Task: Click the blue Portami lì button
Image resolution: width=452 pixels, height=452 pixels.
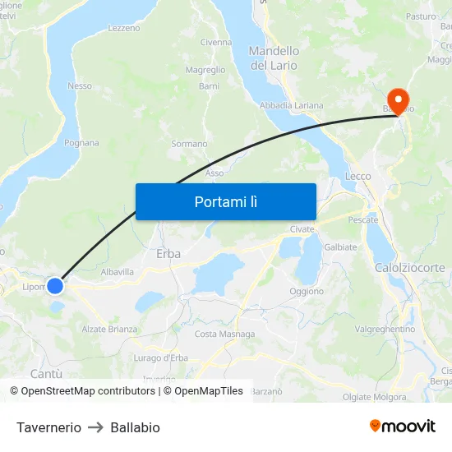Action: [225, 201]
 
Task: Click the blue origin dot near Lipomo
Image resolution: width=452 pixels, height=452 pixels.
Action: [55, 285]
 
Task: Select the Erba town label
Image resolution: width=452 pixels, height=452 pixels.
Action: [168, 254]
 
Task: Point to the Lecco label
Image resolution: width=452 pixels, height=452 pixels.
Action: [358, 176]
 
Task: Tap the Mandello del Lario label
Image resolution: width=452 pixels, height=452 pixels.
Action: [274, 58]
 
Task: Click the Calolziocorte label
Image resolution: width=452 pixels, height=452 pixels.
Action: [409, 268]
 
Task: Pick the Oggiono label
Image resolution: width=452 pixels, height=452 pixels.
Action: [307, 291]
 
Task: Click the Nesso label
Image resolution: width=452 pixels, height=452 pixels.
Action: [80, 85]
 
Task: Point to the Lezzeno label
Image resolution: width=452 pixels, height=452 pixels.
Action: [123, 28]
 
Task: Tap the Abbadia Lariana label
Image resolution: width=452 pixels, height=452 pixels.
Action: [291, 105]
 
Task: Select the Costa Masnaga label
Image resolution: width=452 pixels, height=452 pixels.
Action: [224, 334]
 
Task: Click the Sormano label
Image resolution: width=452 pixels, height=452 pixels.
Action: [189, 144]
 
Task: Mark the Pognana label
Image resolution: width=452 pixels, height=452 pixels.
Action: [81, 143]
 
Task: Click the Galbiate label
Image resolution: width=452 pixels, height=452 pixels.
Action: [340, 247]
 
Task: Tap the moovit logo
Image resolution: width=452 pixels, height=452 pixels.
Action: [402, 426]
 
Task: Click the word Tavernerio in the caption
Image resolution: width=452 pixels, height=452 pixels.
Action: [48, 427]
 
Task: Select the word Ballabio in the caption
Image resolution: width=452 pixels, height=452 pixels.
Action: [135, 427]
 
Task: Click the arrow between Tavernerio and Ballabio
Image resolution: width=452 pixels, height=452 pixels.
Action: [95, 427]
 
